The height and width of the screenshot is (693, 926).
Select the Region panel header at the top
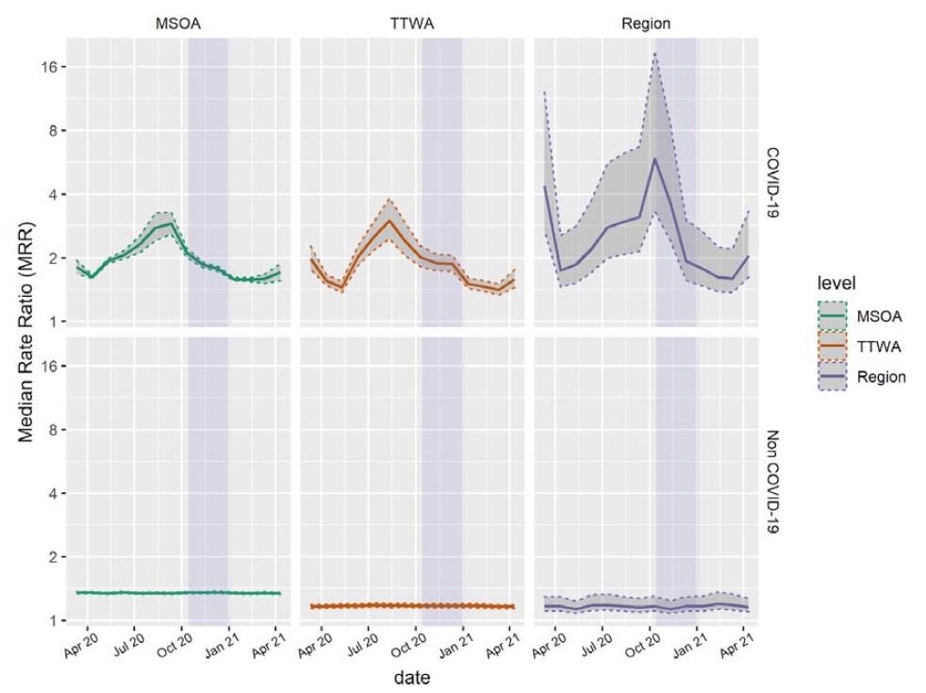pyautogui.click(x=646, y=22)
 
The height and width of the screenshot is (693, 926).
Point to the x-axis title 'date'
pyautogui.click(x=412, y=676)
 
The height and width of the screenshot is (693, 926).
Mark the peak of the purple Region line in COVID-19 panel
pyautogui.click(x=654, y=158)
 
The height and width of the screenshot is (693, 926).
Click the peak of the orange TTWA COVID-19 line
pyautogui.click(x=389, y=221)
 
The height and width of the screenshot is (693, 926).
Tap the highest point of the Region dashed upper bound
pyautogui.click(x=654, y=54)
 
